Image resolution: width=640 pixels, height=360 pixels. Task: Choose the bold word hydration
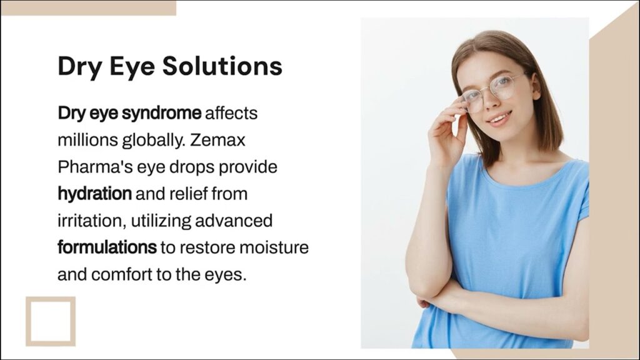point(94,194)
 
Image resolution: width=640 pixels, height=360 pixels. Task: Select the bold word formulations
point(107,247)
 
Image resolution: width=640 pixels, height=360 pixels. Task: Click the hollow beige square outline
point(51,321)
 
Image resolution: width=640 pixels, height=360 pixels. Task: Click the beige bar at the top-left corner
point(88,7)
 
